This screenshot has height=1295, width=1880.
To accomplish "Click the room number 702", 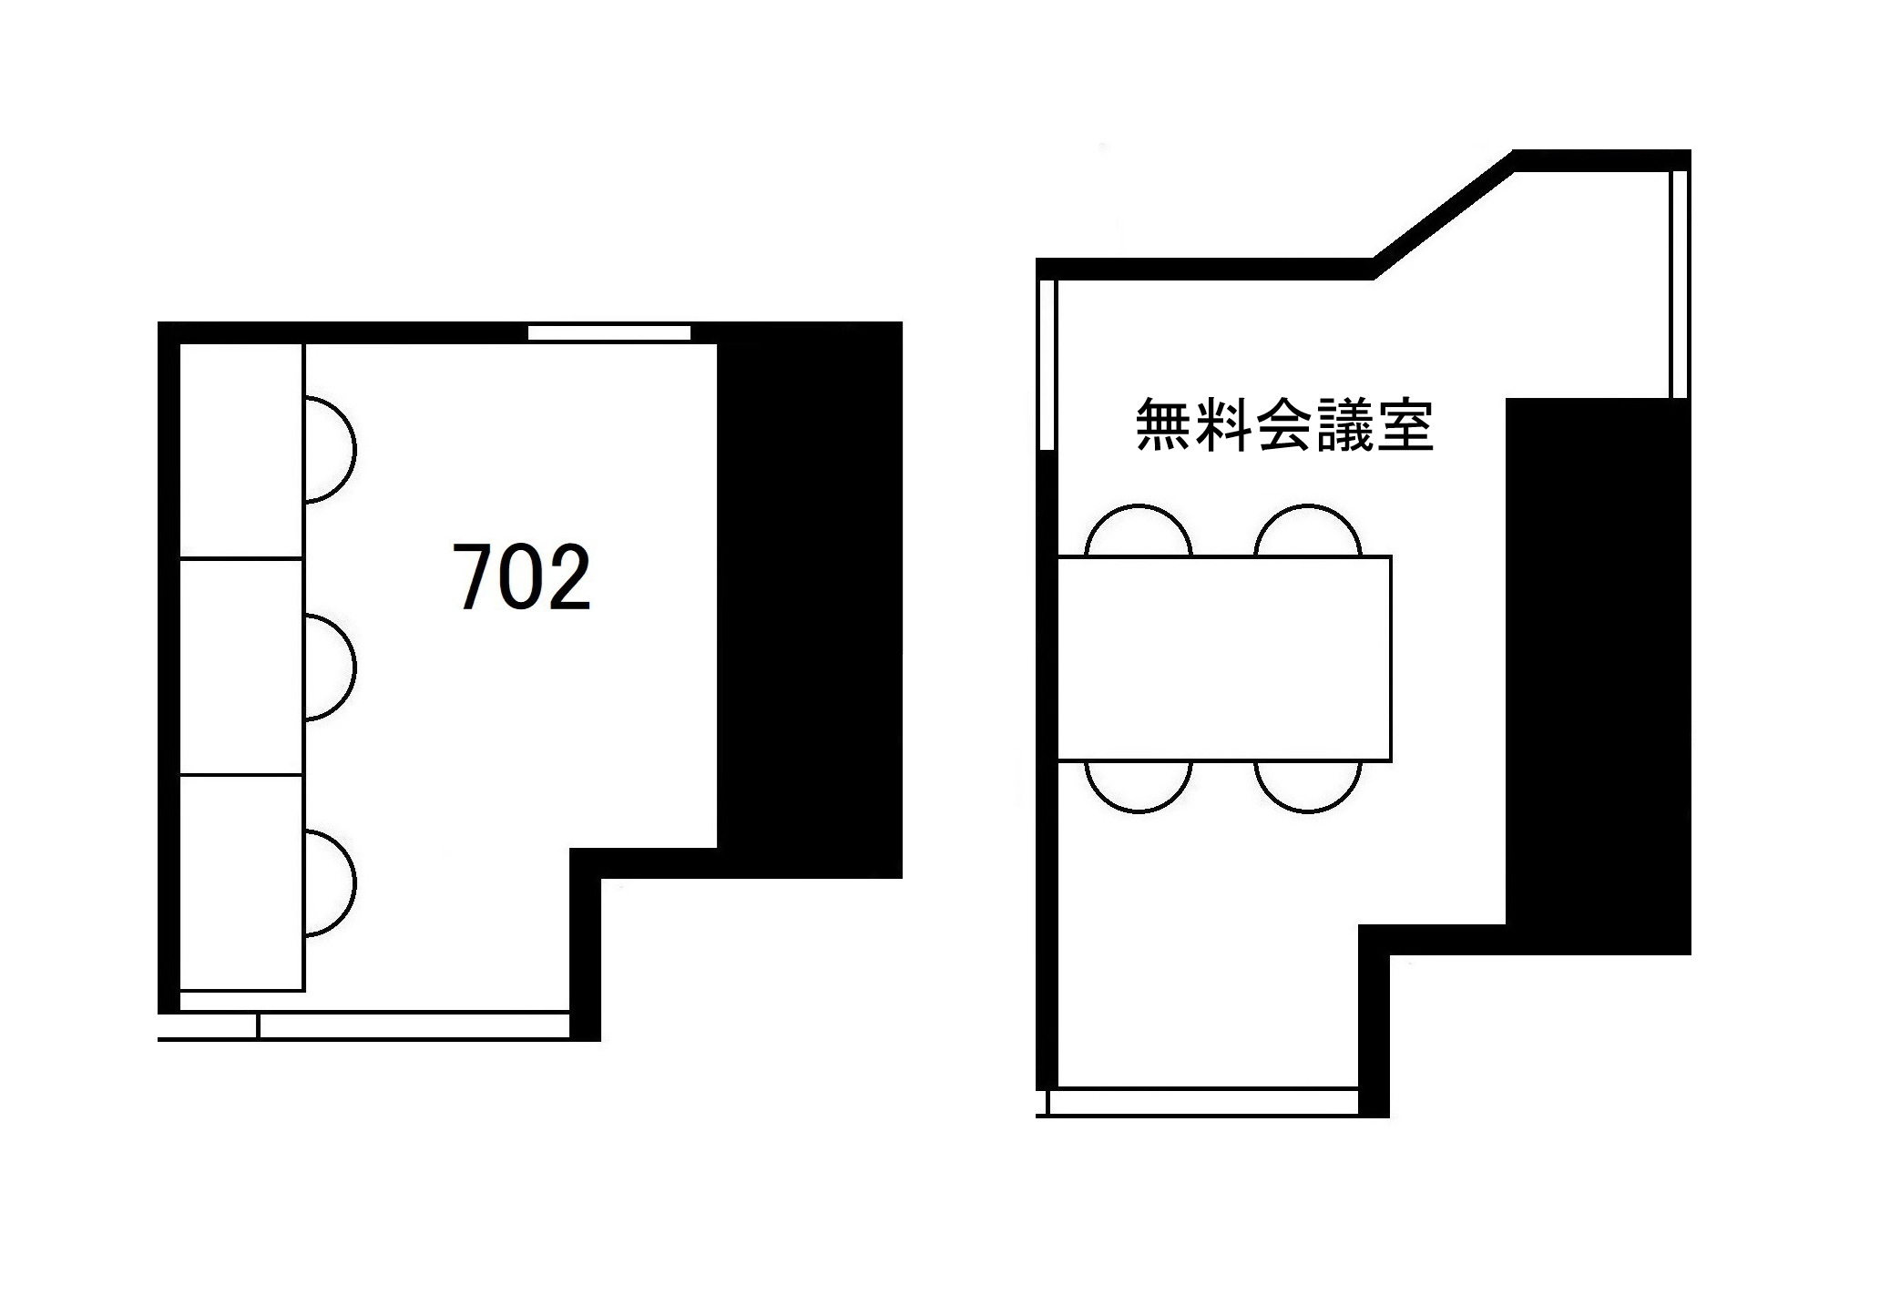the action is (x=522, y=577).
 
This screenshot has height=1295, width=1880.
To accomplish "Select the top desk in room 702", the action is (x=241, y=451).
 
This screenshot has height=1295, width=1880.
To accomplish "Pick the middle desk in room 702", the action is (x=241, y=667).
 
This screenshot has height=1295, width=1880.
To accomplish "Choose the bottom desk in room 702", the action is (x=241, y=882).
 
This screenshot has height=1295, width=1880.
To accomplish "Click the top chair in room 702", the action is (x=328, y=450).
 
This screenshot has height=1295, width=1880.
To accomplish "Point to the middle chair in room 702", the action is (x=328, y=668).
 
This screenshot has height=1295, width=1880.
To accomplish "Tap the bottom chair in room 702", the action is (x=328, y=882).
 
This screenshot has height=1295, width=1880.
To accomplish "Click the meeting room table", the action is (x=1224, y=658).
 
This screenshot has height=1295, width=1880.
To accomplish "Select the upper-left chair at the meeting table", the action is (x=1139, y=533).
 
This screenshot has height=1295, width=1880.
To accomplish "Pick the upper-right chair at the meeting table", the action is (x=1307, y=533).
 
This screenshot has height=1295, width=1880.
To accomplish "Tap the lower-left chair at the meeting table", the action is (x=1139, y=784).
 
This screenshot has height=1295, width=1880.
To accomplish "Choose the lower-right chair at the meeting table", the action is (x=1307, y=784).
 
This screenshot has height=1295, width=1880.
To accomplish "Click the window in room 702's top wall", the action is (x=609, y=333).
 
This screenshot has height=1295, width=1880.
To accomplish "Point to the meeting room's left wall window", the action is (x=1047, y=364).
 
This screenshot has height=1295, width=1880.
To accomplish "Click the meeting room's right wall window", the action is (x=1680, y=284).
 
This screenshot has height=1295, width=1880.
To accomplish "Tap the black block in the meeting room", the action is (x=1599, y=674).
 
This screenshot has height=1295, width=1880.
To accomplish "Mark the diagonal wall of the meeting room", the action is (x=1444, y=215).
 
